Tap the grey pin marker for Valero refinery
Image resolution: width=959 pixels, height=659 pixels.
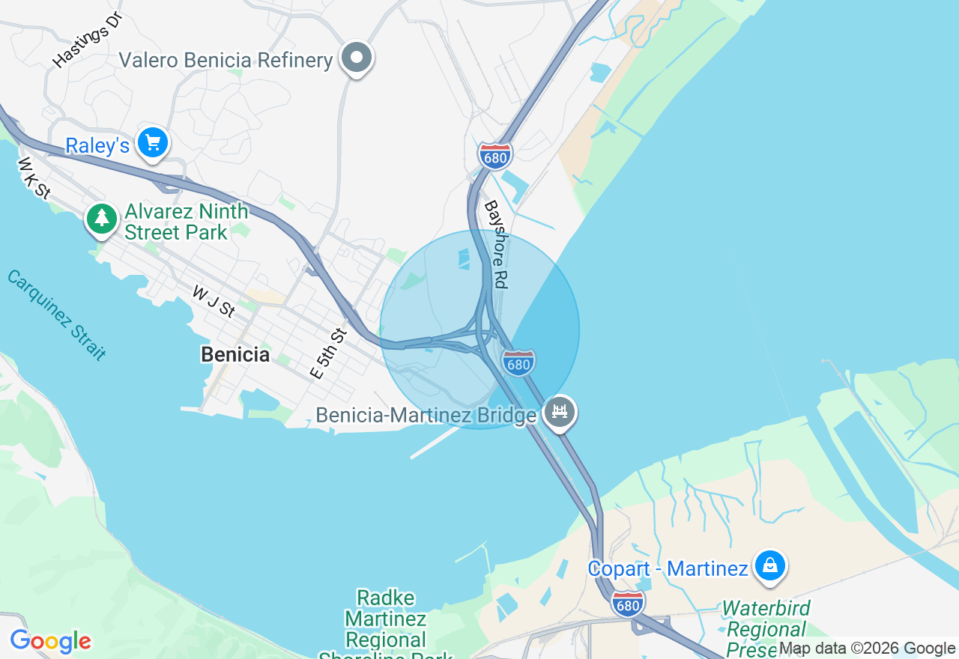[357, 58]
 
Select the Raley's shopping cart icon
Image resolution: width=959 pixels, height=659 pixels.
[153, 142]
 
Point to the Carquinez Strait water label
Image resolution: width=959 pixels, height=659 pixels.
[56, 315]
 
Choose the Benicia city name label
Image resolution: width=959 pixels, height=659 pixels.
[235, 354]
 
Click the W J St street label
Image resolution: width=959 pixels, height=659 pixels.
[214, 300]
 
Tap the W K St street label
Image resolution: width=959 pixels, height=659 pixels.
[34, 177]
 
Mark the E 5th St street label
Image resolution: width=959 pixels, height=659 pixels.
[329, 353]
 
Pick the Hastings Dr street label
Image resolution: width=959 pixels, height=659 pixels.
[87, 40]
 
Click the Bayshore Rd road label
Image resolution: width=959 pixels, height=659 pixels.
[496, 244]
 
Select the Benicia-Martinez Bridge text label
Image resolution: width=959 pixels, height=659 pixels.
[426, 415]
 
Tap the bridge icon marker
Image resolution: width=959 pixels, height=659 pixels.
[559, 411]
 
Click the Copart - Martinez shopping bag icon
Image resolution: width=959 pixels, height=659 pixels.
[769, 566]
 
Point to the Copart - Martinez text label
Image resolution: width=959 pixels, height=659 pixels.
[668, 569]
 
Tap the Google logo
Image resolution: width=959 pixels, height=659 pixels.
[50, 642]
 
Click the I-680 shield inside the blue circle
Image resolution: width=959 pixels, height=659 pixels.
[518, 363]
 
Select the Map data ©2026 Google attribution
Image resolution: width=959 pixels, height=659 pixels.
[867, 649]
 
